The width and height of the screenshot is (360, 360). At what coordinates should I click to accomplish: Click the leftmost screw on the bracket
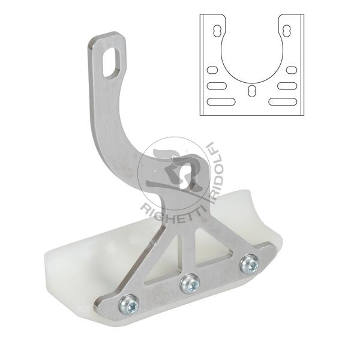pyautogui.click(x=129, y=305)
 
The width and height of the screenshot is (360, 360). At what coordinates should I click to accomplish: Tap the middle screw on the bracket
pyautogui.click(x=190, y=284)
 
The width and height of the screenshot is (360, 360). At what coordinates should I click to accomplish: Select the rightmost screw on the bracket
pyautogui.click(x=250, y=264)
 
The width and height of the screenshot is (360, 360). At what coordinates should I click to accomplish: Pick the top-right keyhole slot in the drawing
pyautogui.click(x=286, y=31)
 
